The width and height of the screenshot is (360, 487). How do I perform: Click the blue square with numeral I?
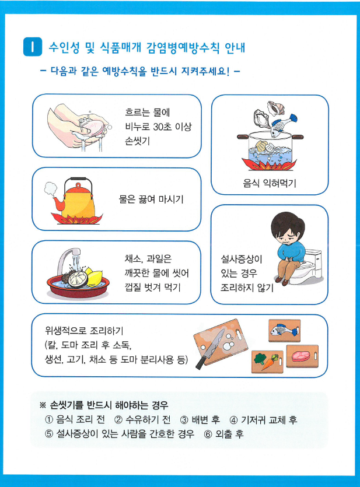pos(33,47)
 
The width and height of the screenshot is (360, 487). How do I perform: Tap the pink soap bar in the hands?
pos(93,125)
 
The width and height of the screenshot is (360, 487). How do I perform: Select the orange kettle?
pos(76,199)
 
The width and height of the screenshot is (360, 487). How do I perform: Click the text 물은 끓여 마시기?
pos(151,199)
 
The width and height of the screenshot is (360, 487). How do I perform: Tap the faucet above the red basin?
pos(68,260)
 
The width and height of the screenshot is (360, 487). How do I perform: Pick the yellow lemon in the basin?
pos(95,278)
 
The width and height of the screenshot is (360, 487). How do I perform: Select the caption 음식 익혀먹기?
pos(270,183)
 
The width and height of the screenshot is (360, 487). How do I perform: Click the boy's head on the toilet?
pos(287,229)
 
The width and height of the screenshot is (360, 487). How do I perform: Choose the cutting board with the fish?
pos(285,330)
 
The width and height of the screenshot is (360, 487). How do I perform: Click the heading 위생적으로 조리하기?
pos(84,331)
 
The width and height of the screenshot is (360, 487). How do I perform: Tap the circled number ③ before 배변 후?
pos(184,420)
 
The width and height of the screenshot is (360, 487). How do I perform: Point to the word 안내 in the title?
pos(235,47)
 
